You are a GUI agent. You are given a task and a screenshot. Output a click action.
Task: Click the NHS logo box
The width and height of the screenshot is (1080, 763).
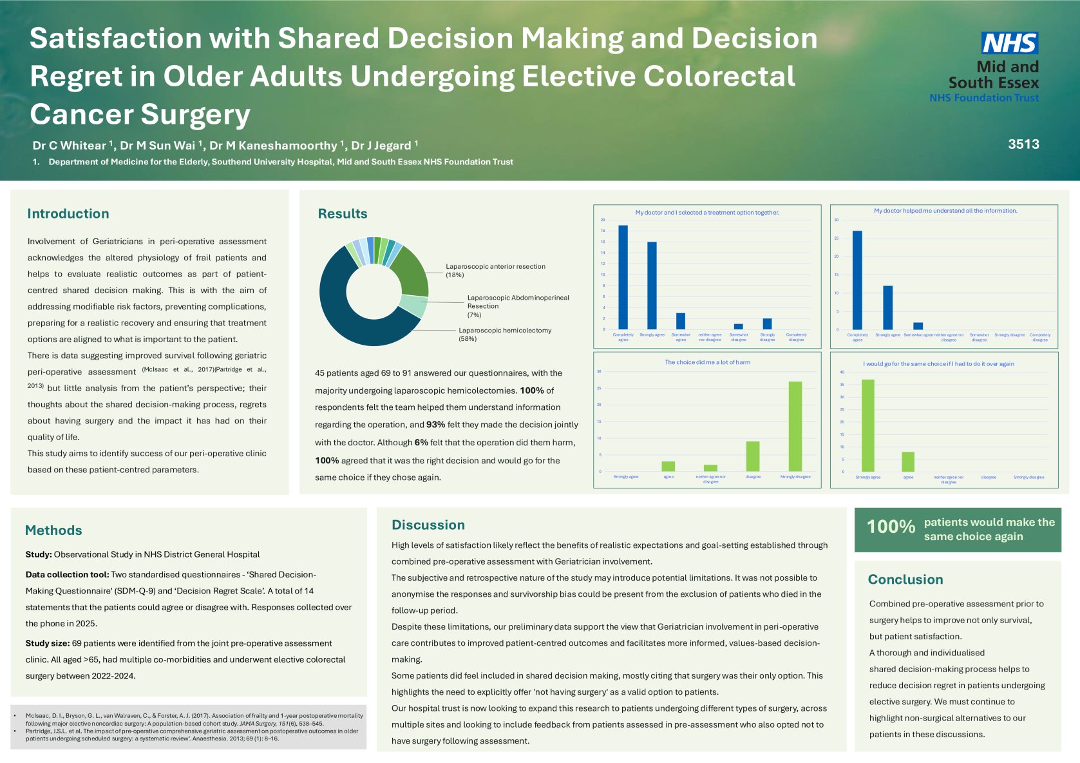tap(1010, 43)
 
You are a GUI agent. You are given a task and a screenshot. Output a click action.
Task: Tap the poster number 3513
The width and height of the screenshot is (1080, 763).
tap(1023, 144)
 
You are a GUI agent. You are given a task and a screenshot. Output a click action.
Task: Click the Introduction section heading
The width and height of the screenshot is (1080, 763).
tap(68, 214)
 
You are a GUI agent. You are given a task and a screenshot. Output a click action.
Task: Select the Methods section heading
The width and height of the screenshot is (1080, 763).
tap(53, 530)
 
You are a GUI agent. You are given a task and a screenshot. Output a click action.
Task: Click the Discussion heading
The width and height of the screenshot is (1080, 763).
tap(428, 525)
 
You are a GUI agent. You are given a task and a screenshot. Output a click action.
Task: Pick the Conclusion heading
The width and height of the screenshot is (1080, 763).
tap(905, 579)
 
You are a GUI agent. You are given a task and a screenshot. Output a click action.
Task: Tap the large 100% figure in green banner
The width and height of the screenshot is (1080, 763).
tap(891, 527)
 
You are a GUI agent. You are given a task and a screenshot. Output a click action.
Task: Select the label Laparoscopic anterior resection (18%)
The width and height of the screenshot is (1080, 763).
tap(495, 270)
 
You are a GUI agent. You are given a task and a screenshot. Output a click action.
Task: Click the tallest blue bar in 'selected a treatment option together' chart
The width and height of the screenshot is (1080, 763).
tap(623, 277)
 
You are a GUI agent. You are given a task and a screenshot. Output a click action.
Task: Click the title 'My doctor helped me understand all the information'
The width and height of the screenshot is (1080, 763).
tap(945, 211)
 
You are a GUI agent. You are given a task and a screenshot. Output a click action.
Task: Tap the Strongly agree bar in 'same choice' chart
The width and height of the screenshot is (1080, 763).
tap(867, 425)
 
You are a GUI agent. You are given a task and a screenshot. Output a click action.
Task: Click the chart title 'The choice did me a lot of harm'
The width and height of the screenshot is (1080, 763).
tap(707, 362)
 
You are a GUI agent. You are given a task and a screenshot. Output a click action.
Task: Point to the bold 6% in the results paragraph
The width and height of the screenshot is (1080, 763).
tap(421, 443)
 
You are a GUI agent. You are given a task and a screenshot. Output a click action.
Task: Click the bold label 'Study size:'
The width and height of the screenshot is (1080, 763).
tap(48, 643)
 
